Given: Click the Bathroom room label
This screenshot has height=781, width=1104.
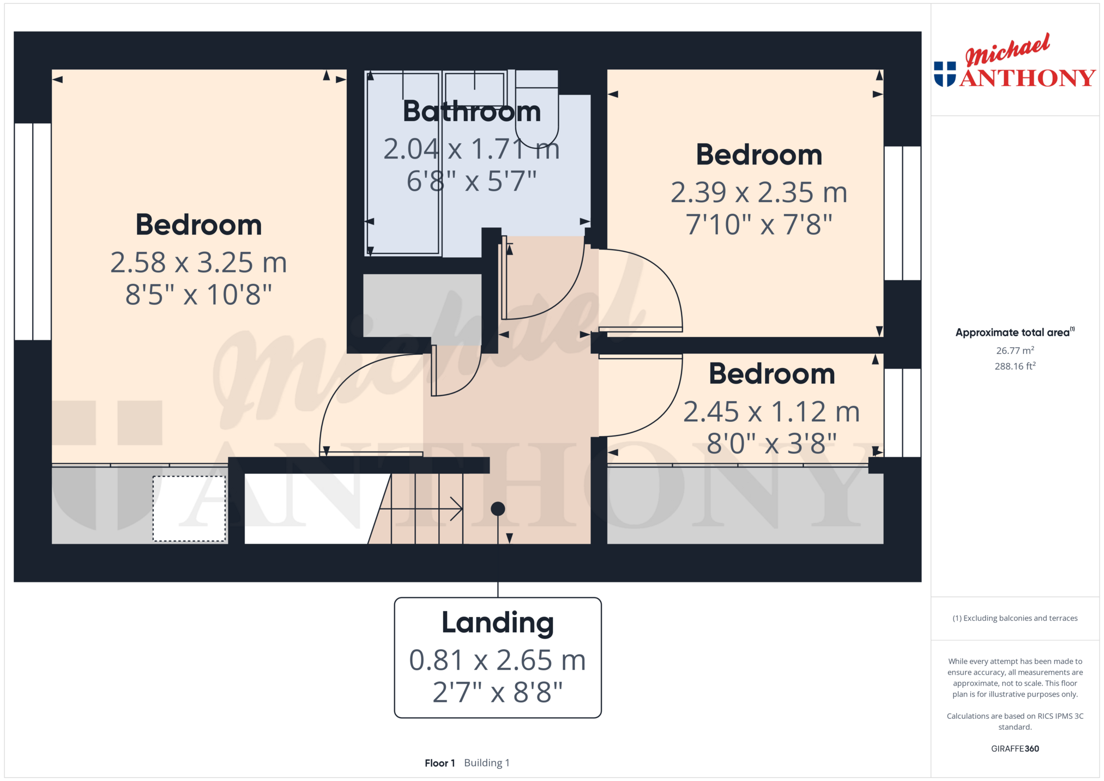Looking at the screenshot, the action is [x=472, y=112].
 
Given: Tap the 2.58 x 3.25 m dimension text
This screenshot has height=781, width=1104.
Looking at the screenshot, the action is [x=198, y=263].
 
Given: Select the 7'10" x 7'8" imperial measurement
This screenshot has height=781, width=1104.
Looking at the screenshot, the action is [x=759, y=224].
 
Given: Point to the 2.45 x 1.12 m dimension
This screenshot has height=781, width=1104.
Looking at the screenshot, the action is [x=771, y=412].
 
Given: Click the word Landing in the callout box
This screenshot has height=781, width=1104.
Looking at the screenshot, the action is [x=498, y=623].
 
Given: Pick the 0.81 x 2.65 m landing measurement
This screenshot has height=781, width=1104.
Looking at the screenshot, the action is [x=498, y=661].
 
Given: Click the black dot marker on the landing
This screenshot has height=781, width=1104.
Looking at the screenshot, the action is [x=498, y=509].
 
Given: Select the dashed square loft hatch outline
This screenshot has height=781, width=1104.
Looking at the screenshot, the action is [x=189, y=509].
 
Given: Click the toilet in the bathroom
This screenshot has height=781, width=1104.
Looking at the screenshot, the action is [x=537, y=109].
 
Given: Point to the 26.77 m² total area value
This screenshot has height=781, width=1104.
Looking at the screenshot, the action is [x=1015, y=350].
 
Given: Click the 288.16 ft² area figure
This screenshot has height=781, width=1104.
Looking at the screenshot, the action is [x=1015, y=366].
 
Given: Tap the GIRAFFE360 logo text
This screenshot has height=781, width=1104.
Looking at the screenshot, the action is [x=1015, y=749].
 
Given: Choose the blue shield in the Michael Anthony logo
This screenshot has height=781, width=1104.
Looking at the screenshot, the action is [x=945, y=74].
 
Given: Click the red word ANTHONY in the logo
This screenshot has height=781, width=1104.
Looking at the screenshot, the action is [x=1028, y=78].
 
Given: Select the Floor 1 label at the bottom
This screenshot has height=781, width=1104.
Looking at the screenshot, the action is [x=439, y=763].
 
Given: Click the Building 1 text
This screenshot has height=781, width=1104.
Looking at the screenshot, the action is [x=486, y=763].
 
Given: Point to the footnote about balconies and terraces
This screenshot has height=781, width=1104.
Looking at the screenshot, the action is [x=1015, y=618].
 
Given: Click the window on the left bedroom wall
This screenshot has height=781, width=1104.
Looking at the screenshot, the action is [x=33, y=232].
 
